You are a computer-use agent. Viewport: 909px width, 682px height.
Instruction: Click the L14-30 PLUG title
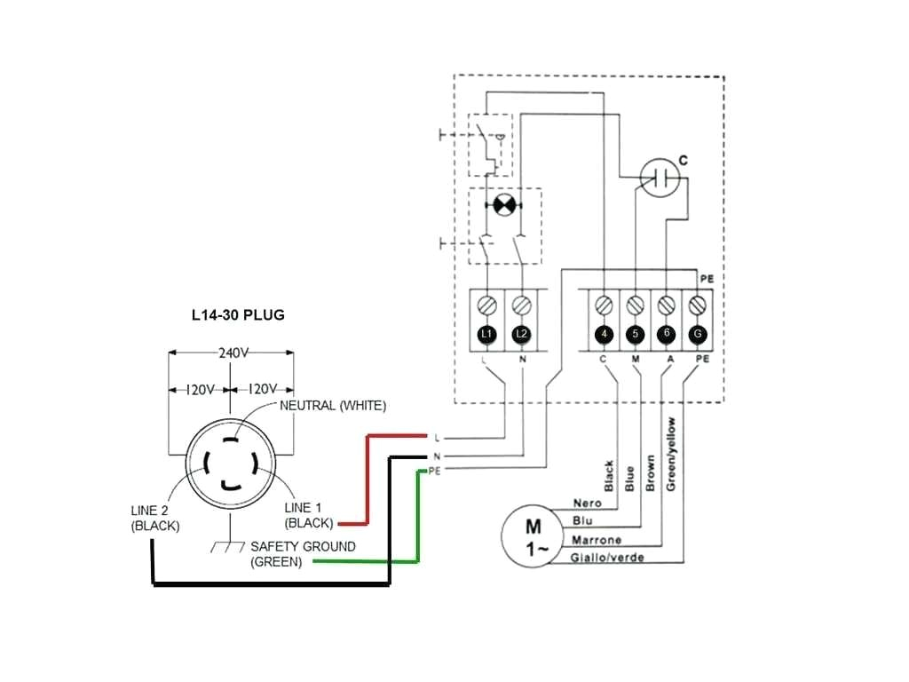tap(238, 315)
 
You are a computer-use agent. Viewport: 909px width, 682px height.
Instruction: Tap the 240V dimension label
tap(232, 353)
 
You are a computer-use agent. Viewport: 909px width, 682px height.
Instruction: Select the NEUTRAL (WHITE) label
tap(333, 406)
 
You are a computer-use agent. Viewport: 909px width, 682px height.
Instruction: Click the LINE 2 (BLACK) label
tap(155, 519)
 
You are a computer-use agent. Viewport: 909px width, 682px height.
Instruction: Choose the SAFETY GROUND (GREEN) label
tap(302, 554)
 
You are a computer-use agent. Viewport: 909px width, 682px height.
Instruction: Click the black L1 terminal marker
tap(486, 334)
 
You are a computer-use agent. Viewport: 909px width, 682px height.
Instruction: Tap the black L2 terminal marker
tap(522, 334)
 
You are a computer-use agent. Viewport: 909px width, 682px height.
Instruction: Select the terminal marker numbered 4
tap(604, 334)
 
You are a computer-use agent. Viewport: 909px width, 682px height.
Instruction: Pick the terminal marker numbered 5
tap(635, 334)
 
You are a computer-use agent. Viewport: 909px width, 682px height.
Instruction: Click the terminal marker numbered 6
tap(667, 334)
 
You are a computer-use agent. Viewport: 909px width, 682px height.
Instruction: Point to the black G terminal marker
tap(698, 334)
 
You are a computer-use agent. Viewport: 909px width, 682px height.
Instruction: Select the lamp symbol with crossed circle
tap(503, 205)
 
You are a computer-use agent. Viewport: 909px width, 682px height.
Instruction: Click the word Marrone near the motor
tap(596, 540)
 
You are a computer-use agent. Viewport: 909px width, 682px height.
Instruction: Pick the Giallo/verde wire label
tap(607, 558)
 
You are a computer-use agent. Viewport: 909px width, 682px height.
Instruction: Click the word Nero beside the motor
tap(587, 504)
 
